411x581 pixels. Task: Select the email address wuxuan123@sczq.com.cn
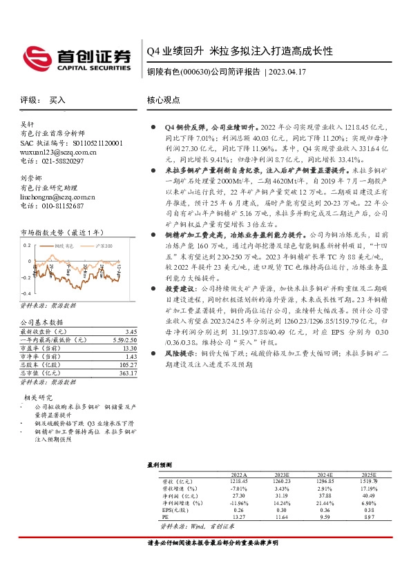coord(58,152)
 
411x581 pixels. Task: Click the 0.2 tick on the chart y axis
coord(27,245)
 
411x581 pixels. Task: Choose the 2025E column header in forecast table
coord(370,475)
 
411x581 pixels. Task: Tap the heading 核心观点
coord(163,100)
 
